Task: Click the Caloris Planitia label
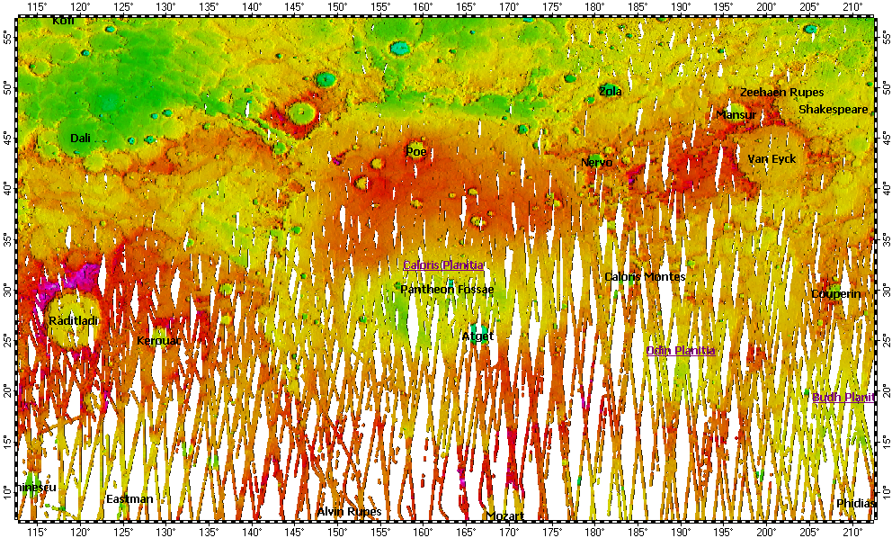pos(443,265)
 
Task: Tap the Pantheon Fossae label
pos(446,290)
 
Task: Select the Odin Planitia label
pos(681,350)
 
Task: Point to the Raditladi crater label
pos(74,320)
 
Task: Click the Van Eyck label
pos(772,158)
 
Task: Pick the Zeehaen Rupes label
pos(781,92)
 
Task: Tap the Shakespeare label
pos(834,110)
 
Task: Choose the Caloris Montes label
pos(645,276)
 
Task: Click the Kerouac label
pos(159,341)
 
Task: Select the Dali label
pos(81,138)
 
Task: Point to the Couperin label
pos(836,293)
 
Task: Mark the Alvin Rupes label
pos(349,511)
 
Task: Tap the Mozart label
pos(504,516)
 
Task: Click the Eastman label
pos(129,498)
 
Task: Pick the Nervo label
pos(596,162)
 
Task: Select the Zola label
pos(610,91)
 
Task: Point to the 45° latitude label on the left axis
pos(7,138)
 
